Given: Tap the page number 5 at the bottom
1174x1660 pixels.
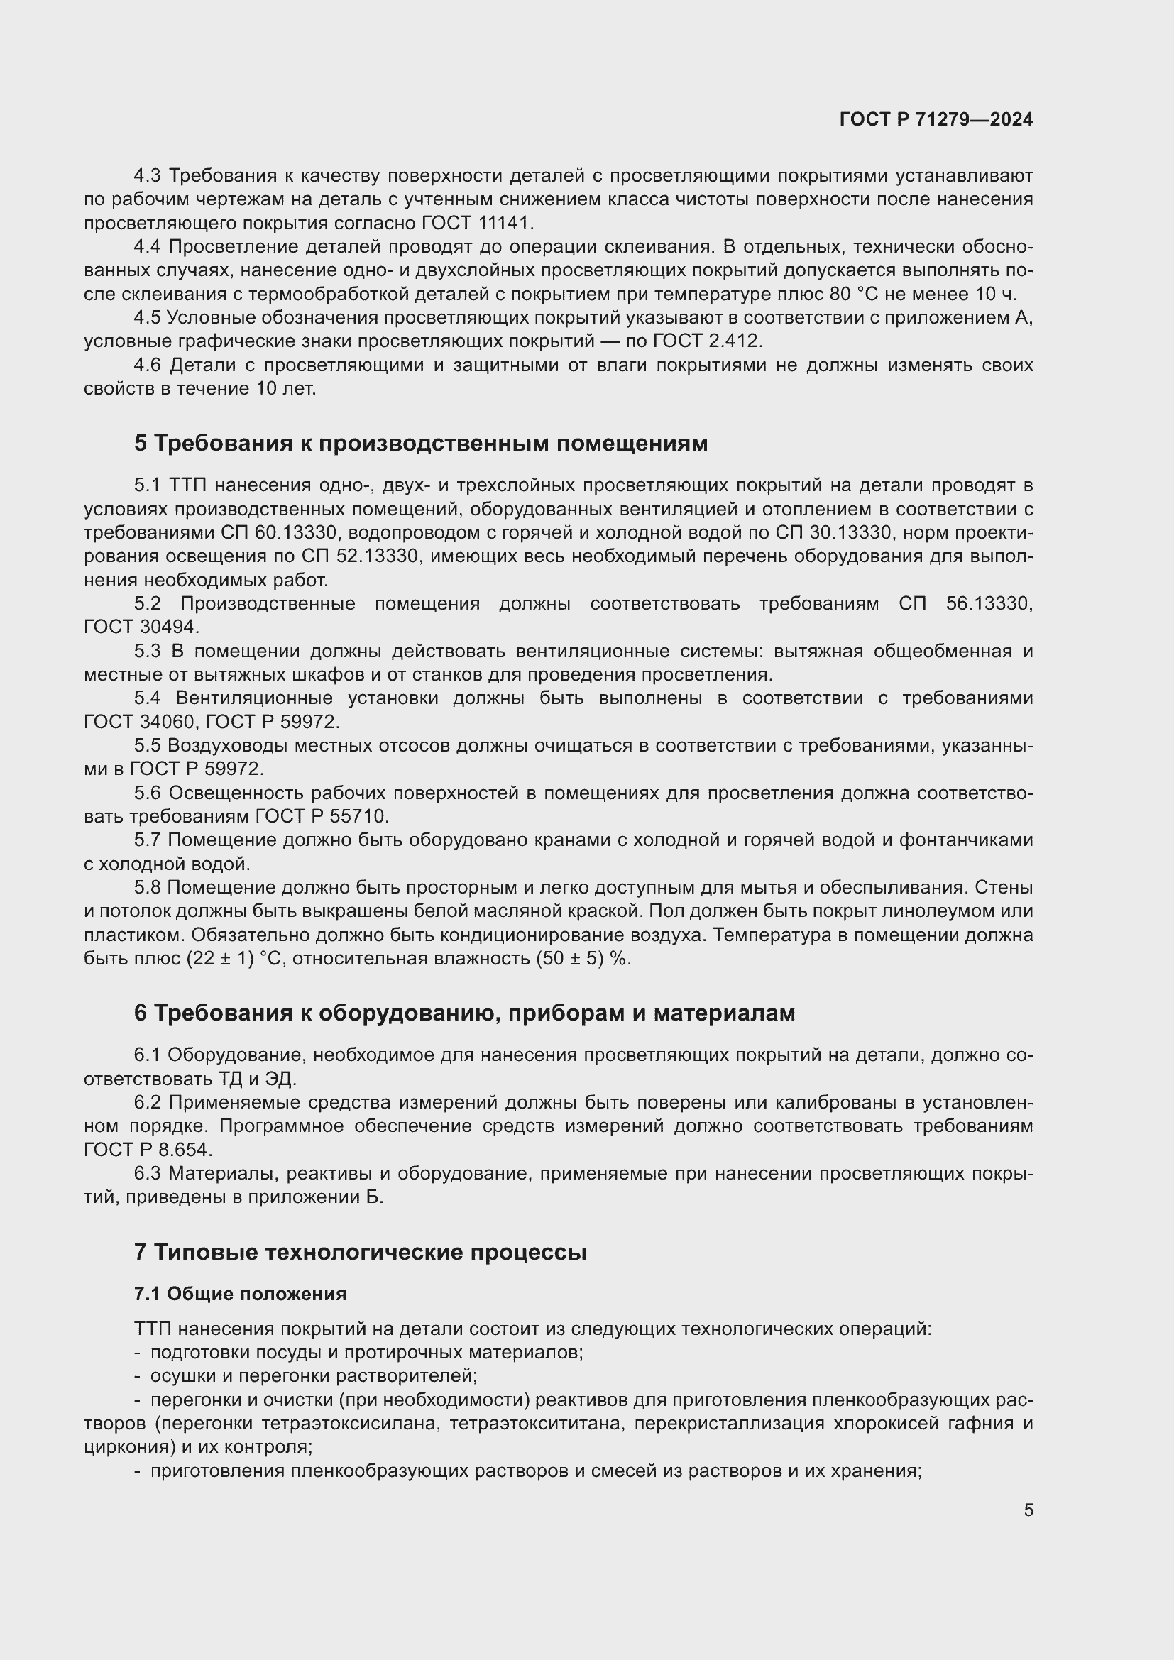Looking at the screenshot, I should [x=1028, y=1510].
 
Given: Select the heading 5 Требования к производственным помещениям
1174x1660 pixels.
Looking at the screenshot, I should [x=421, y=443].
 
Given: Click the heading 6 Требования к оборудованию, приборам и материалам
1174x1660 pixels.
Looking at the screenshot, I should [x=464, y=1013].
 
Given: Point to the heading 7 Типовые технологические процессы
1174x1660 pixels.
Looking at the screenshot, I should [x=360, y=1251].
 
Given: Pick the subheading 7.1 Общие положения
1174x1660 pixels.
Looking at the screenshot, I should [x=240, y=1295].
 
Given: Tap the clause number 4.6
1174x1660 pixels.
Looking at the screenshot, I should [x=148, y=365].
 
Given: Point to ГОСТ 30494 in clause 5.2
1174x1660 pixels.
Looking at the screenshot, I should [x=141, y=627].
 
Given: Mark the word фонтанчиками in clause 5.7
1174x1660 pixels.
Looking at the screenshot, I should [x=966, y=840].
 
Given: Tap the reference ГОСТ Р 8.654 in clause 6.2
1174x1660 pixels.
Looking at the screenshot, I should [x=148, y=1150].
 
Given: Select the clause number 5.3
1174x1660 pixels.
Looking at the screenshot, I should [x=148, y=652].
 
